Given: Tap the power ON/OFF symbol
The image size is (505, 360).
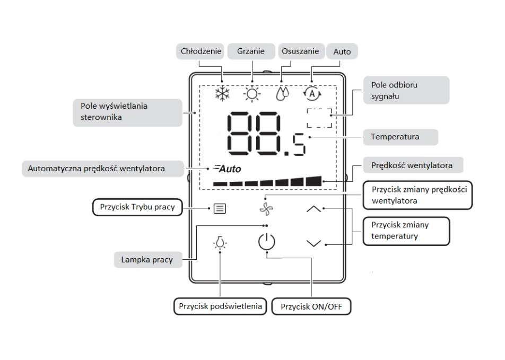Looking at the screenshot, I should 267,242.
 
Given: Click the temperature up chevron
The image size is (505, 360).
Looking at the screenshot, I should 314,209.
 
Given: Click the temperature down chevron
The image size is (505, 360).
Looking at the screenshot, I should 314,243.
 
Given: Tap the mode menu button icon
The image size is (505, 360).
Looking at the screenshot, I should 219,208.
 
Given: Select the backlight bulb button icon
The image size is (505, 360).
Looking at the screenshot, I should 220,243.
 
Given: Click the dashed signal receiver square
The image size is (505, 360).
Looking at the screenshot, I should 319,118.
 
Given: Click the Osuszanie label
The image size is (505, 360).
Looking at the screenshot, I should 300,51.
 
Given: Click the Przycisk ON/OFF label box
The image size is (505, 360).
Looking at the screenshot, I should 311,306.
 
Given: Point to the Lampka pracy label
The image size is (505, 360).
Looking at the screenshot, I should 147,260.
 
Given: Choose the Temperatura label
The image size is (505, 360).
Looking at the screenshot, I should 395,137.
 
